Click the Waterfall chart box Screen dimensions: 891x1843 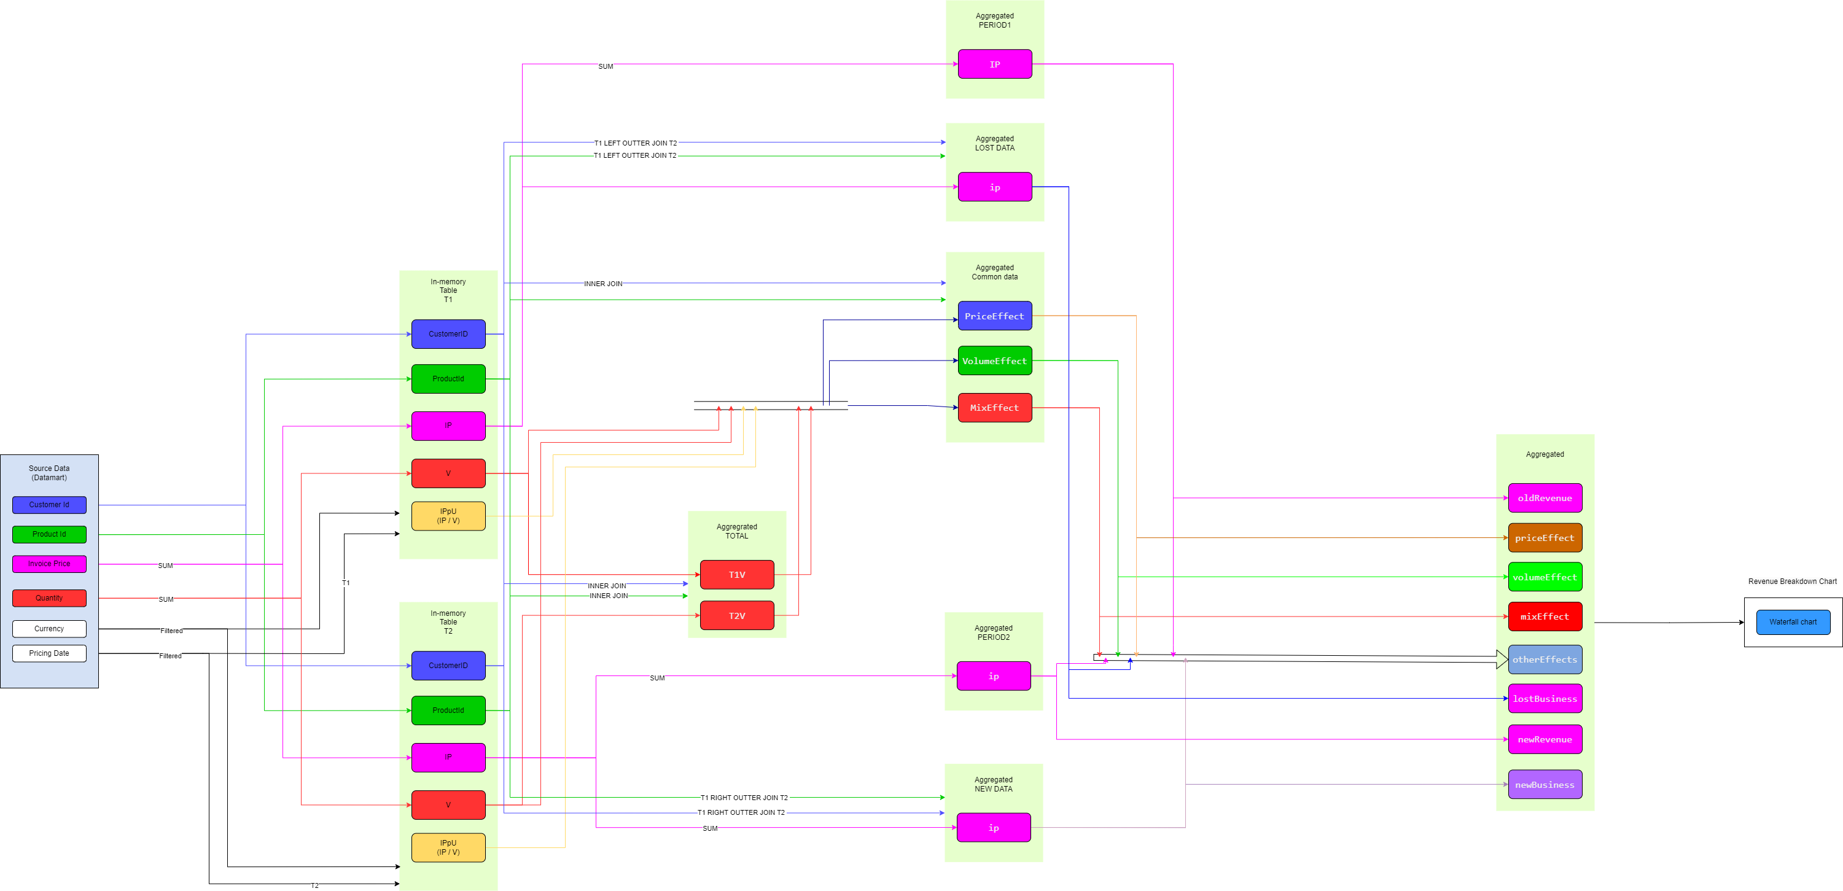1793,622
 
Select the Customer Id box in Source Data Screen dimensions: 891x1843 49,505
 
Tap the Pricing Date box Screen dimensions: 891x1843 49,653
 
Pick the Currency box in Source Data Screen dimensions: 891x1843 49,629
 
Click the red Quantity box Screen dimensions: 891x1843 49,598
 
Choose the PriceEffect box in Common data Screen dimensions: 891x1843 994,316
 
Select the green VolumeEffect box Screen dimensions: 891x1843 994,361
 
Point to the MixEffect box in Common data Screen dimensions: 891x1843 994,408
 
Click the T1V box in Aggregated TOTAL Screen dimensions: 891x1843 737,575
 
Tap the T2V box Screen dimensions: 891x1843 737,616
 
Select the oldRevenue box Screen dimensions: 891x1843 1545,499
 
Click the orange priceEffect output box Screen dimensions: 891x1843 1545,538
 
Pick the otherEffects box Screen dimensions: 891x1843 1545,659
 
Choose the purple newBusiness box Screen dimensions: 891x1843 1545,784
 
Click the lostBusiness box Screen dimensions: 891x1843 1545,699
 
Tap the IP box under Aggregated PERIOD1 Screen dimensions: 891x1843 994,64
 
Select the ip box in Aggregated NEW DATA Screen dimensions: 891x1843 994,827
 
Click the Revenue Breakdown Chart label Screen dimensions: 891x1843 1792,582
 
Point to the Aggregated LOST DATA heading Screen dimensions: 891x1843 994,144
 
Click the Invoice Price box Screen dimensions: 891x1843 49,564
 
